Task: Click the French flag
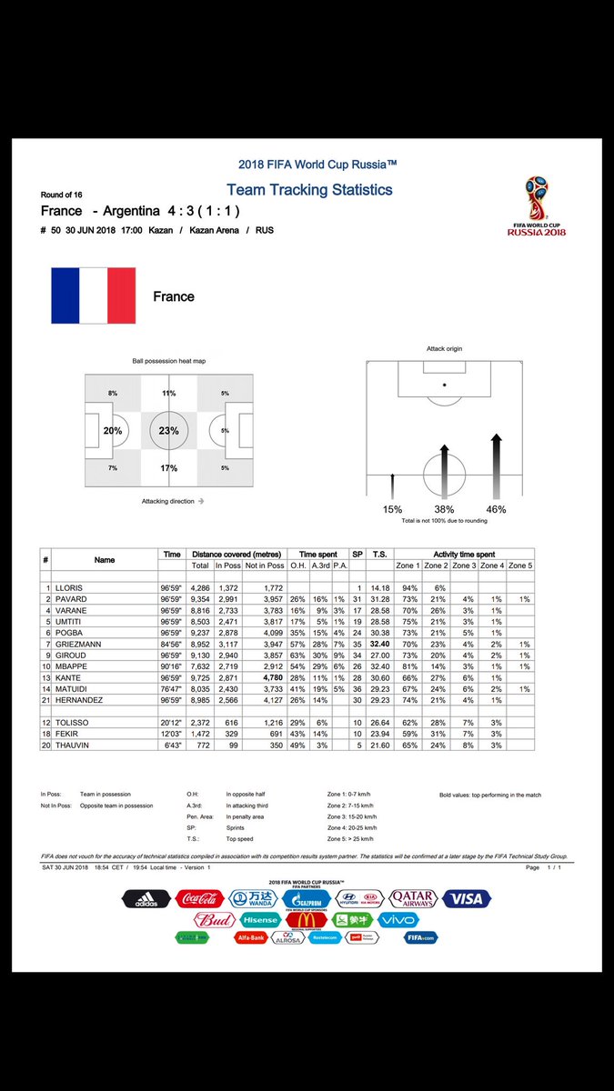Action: point(93,295)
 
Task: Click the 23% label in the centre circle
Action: point(168,431)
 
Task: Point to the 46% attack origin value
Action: point(496,509)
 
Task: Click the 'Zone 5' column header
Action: point(520,566)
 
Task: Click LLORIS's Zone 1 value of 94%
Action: point(409,588)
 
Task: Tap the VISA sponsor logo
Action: point(467,899)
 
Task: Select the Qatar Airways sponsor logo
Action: point(412,899)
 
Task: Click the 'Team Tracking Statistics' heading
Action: point(309,190)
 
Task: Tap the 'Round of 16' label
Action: point(62,195)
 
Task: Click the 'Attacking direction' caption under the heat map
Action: point(172,501)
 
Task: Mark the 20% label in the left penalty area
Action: point(112,431)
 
